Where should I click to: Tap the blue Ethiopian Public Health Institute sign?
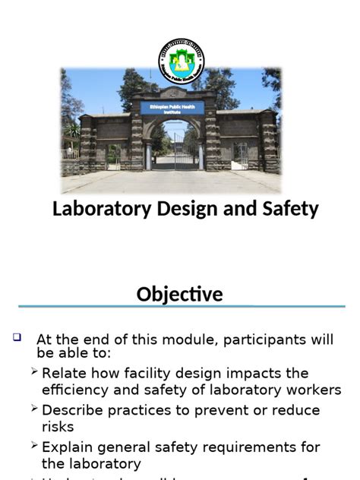pyautogui.click(x=172, y=107)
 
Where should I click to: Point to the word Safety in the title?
pyautogui.click(x=288, y=209)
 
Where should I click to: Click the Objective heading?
pyautogui.click(x=180, y=294)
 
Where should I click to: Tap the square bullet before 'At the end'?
pyautogui.click(x=17, y=337)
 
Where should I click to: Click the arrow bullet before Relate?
pyautogui.click(x=35, y=372)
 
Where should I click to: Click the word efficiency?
pyautogui.click(x=75, y=390)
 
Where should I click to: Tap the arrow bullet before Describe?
pyautogui.click(x=35, y=409)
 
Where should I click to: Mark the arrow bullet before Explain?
pyautogui.click(x=35, y=446)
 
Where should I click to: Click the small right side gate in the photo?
pyautogui.click(x=240, y=156)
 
